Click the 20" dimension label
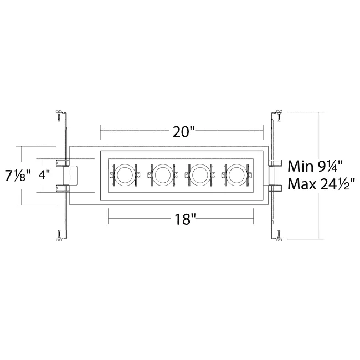[x=183, y=132]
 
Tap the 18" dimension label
[x=184, y=219]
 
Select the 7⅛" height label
[x=18, y=176]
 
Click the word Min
[x=301, y=166]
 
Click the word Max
[x=302, y=184]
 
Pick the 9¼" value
[x=330, y=166]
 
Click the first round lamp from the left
[x=125, y=175]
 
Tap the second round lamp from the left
[x=162, y=175]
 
